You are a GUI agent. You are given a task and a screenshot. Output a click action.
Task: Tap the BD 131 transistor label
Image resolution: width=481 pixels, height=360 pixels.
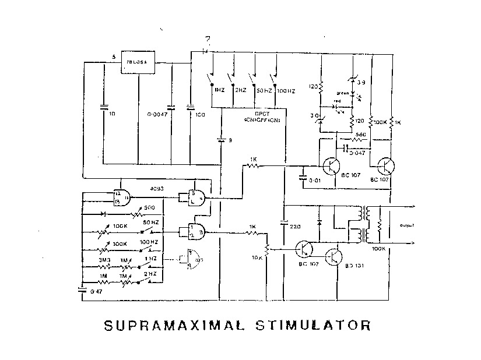point(355,266)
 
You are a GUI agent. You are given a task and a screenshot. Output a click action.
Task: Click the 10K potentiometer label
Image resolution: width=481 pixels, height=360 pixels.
point(257,257)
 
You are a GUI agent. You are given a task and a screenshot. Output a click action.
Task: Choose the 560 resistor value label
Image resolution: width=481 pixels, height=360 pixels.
point(361,135)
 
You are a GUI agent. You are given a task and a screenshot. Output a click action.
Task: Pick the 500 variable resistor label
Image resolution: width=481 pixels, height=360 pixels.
point(149,208)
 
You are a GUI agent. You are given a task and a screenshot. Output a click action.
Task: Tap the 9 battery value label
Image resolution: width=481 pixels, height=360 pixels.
point(231,140)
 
